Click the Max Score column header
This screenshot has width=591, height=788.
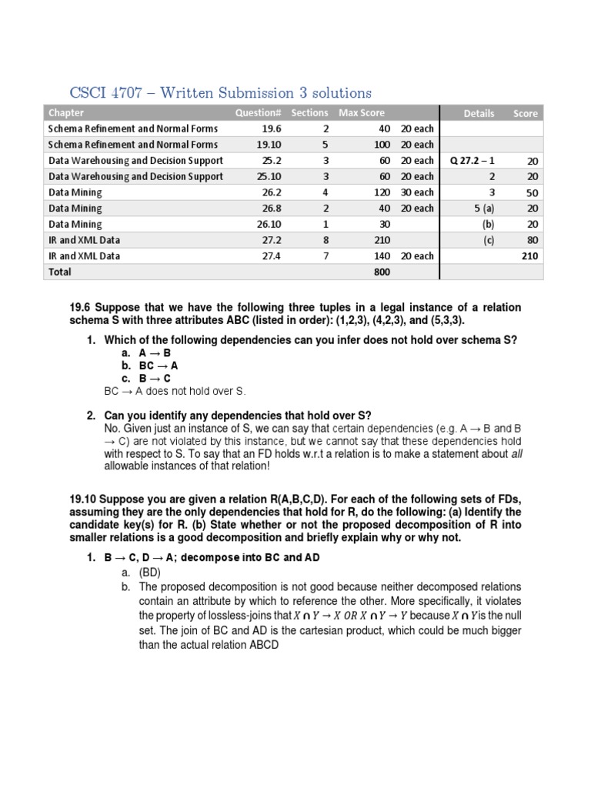point(362,113)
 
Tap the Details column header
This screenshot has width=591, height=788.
point(479,113)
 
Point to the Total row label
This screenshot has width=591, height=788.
point(60,272)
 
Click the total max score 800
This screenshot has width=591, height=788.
point(382,272)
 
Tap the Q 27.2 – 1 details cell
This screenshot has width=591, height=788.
point(472,161)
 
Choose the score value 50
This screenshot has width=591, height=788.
point(532,193)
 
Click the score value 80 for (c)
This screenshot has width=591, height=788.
point(532,241)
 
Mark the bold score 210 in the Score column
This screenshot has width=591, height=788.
point(529,256)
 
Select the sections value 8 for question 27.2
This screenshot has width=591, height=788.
point(326,240)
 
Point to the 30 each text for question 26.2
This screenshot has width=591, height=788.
point(417,192)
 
